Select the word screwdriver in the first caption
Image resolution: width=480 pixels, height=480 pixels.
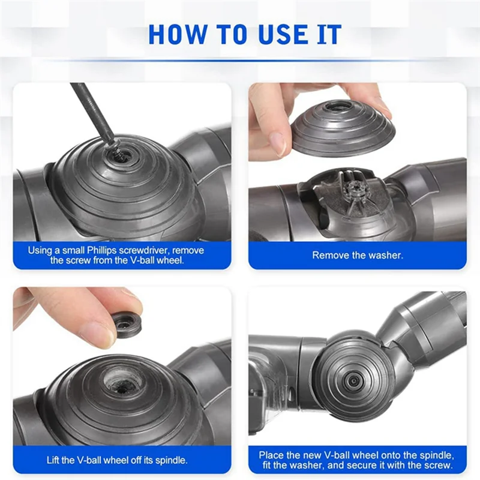[x=157, y=250]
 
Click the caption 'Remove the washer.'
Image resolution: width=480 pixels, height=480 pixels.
[x=357, y=255]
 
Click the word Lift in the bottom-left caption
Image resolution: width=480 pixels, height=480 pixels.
[x=55, y=460]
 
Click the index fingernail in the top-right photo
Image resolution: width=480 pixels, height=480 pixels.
[x=277, y=142]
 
